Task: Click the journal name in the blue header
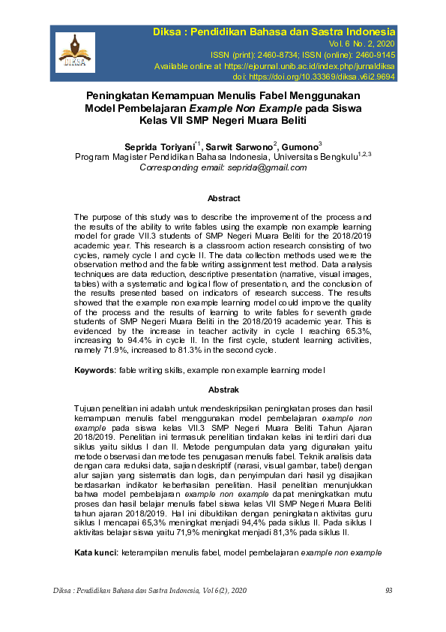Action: pos(274,32)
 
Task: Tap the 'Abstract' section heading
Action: pos(223,198)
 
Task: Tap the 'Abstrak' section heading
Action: pos(223,390)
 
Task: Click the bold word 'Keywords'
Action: pos(94,371)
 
